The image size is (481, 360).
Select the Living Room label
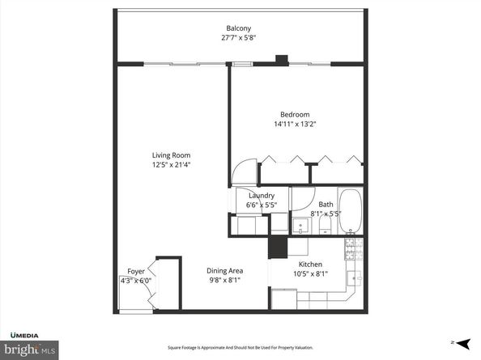[171, 155]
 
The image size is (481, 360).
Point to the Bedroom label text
[295, 115]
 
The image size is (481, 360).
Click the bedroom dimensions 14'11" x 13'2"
[295, 124]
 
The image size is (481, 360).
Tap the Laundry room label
[262, 196]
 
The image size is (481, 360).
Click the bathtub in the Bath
[351, 210]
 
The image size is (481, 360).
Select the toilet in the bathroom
[321, 228]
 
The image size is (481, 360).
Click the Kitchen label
[310, 265]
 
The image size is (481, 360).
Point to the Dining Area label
[225, 271]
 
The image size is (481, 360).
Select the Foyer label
[135, 271]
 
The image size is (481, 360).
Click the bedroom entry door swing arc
[241, 171]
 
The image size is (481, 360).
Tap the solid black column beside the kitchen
[278, 247]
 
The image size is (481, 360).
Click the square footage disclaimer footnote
[240, 348]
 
